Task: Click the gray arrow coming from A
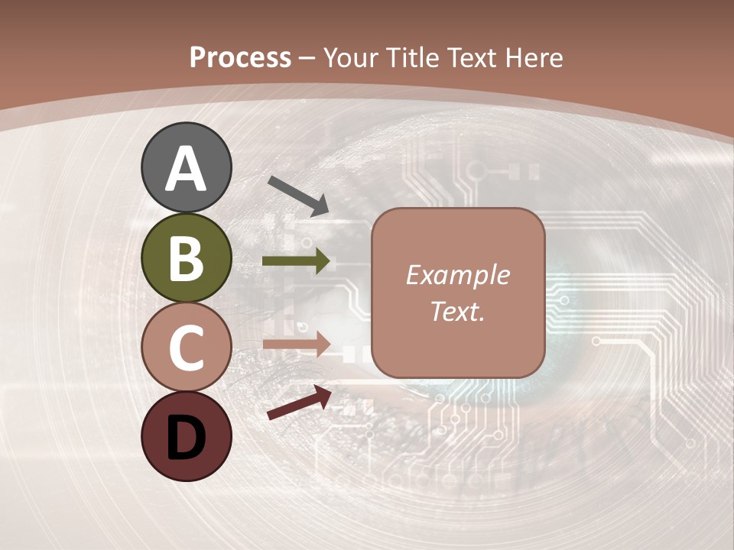tap(298, 195)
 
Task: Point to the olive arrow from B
tap(297, 261)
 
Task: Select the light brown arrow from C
tap(297, 344)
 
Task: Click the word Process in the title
tap(240, 57)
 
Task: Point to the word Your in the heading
tap(350, 57)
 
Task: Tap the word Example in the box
tap(458, 275)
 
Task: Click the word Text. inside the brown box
tap(458, 311)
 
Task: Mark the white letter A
tap(187, 168)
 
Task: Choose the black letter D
tap(187, 438)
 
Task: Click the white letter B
tap(187, 258)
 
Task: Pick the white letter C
tap(187, 348)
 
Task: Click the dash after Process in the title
tap(307, 58)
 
